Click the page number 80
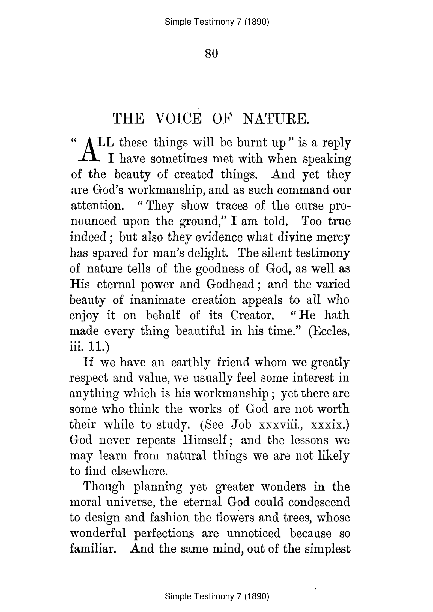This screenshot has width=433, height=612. click(x=211, y=54)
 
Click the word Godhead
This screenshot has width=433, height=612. click(x=230, y=284)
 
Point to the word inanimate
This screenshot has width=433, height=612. click(x=157, y=300)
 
